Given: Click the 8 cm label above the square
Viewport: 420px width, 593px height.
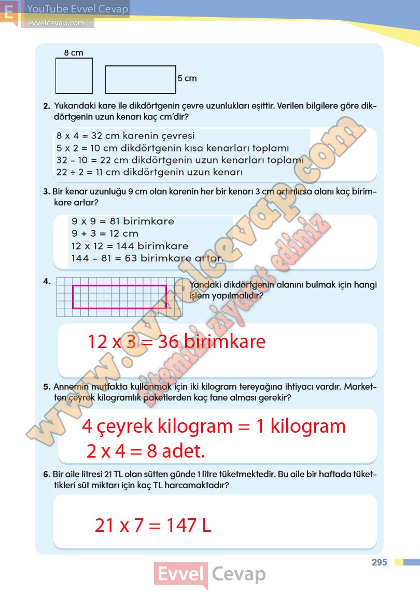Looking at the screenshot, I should point(74,52).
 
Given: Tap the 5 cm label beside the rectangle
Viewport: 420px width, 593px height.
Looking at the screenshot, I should point(187,78).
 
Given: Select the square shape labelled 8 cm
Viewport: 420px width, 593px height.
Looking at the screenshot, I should point(74,76).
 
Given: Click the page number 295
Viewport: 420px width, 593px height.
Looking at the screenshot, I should point(380,562).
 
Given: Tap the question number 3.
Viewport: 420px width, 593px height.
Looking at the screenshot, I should point(46,192).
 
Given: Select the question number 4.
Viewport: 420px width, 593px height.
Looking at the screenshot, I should point(47,281).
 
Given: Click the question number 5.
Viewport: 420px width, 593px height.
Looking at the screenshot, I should point(46,387).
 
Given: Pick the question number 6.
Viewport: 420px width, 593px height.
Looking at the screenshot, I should point(46,475).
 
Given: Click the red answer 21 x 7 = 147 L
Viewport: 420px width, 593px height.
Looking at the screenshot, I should point(153,526).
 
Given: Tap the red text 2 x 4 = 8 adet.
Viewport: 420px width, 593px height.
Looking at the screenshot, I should point(146,451).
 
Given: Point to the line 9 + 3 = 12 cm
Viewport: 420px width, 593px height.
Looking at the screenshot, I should point(105,233).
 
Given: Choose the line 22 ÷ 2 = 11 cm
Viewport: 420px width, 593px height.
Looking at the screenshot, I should point(149,172).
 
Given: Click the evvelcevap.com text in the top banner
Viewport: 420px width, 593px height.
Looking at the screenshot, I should point(55,23).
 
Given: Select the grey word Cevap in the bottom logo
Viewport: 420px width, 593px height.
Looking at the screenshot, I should point(239,574).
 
